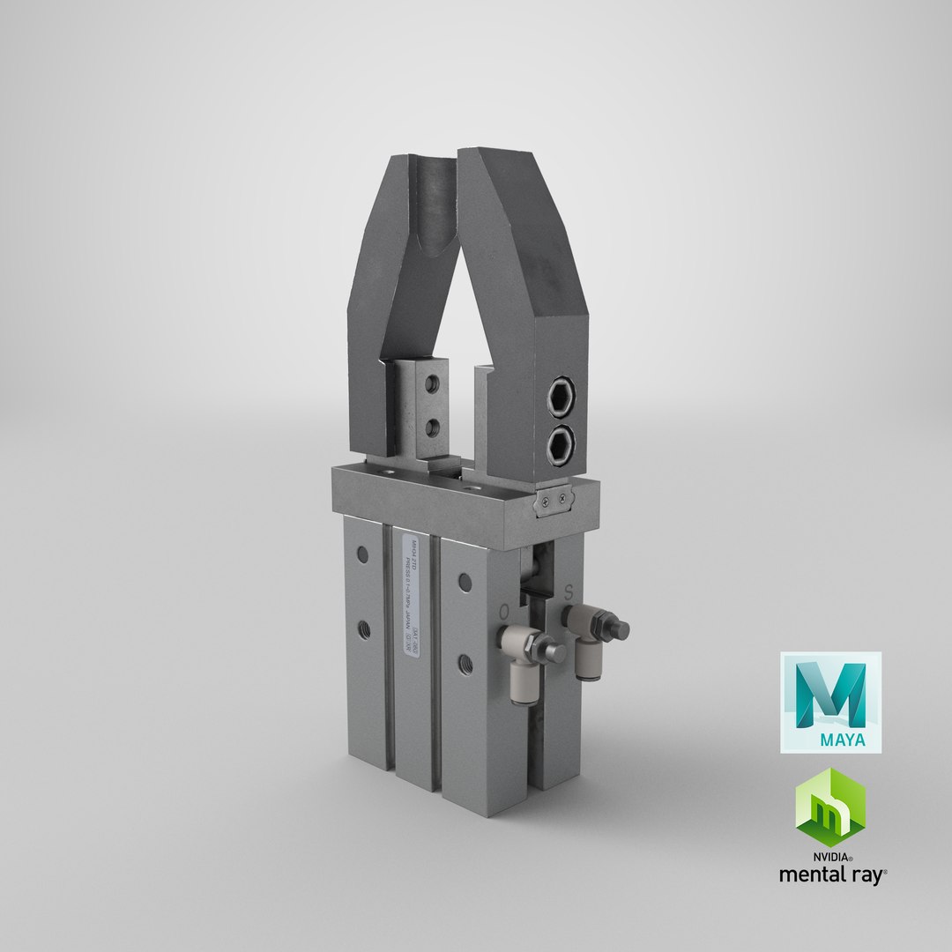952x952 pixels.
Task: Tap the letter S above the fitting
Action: pyautogui.click(x=569, y=589)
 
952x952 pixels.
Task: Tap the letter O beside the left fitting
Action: pyautogui.click(x=503, y=610)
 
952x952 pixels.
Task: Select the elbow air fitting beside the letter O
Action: pyautogui.click(x=528, y=657)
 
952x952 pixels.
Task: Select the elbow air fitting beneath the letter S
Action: pyautogui.click(x=592, y=636)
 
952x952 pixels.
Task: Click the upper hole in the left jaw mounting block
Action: pyautogui.click(x=431, y=386)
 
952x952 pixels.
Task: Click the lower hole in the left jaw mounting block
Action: pyautogui.click(x=431, y=428)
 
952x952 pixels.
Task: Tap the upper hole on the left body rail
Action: pyautogui.click(x=361, y=554)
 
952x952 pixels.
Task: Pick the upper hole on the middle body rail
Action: pyautogui.click(x=464, y=581)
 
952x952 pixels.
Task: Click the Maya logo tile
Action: pyautogui.click(x=830, y=702)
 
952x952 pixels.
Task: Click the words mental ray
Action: pyautogui.click(x=831, y=875)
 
